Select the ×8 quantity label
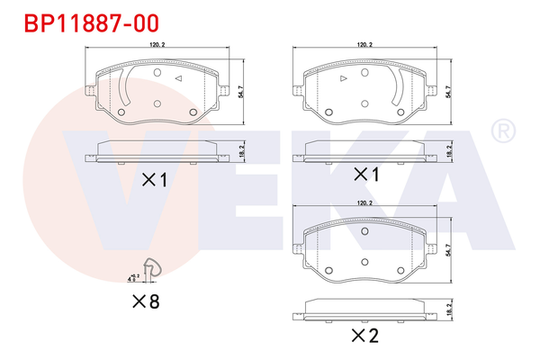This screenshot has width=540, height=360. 145,301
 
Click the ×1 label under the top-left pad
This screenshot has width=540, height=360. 155,180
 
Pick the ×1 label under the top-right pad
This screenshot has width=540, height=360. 366,174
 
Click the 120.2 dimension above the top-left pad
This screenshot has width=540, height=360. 158,44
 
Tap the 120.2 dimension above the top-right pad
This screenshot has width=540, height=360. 365,44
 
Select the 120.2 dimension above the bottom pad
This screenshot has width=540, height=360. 365,205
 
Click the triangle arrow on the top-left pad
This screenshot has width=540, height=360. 179,80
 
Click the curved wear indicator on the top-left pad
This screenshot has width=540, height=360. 129,90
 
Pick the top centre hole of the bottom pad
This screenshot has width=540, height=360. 365,232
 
